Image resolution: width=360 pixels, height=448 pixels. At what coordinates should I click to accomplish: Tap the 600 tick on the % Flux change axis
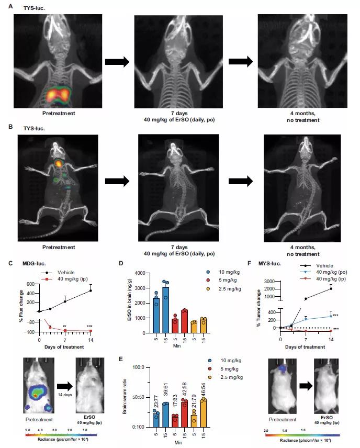click(x=32, y=284)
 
